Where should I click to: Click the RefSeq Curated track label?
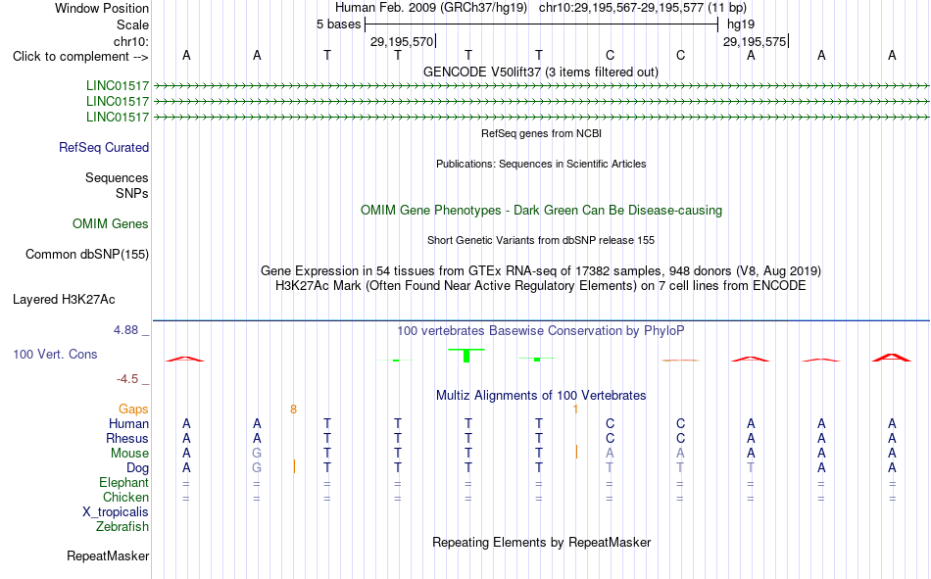104,147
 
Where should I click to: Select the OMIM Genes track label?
111,224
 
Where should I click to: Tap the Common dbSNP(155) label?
87,254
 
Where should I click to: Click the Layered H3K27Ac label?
64,300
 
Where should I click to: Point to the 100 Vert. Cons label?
55,354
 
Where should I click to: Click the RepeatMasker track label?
108,555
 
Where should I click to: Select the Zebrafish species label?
122,527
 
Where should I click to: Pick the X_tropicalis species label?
116,512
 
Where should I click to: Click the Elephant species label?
124,482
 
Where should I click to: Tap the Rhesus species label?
127,438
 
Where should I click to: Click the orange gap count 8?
293,410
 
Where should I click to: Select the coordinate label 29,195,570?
402,41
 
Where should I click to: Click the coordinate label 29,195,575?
754,41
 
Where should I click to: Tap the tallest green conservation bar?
466,356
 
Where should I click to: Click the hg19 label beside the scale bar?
741,24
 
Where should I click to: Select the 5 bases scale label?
338,24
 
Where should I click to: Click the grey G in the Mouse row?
257,453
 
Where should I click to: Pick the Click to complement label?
80,57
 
